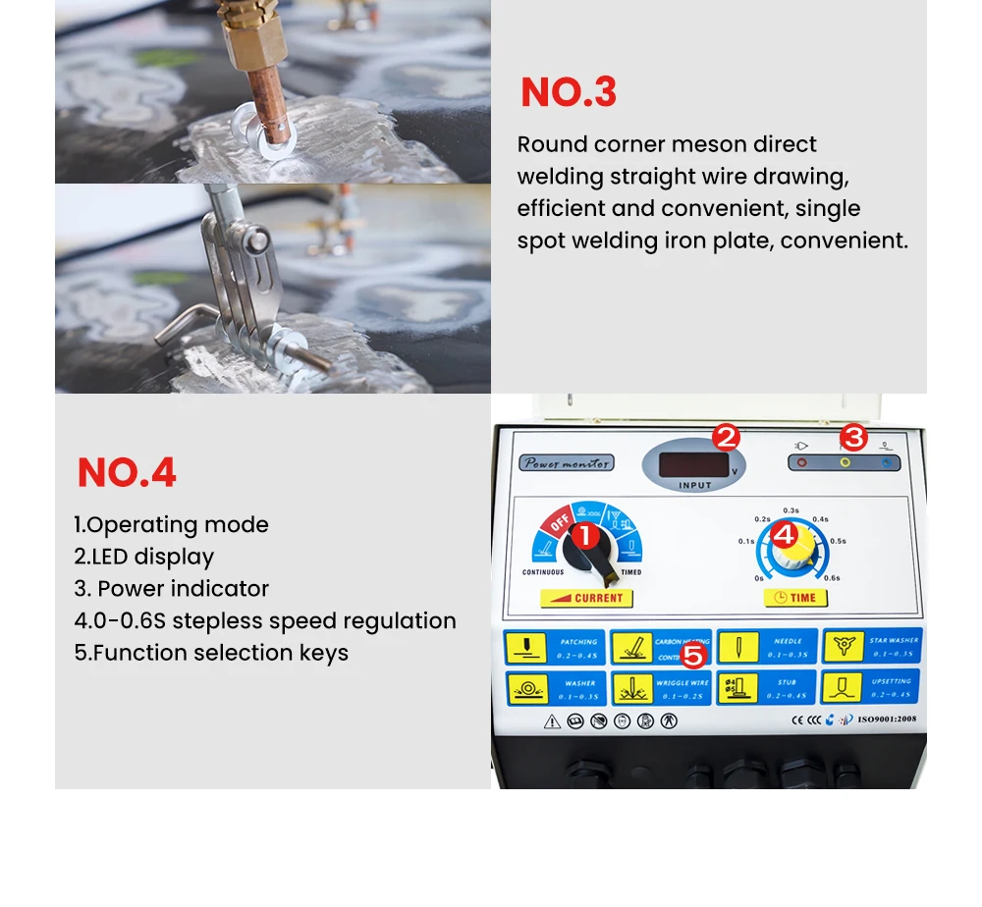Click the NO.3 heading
569,92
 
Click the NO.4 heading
127,473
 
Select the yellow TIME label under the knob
794,597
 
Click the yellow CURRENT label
586,597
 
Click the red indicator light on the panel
802,462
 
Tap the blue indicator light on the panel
887,462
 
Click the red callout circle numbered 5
694,655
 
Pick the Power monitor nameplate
567,462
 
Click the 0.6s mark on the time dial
832,578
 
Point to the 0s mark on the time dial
759,578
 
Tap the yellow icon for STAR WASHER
842,647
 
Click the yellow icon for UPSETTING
842,687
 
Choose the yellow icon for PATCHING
525,647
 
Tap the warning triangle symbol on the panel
553,721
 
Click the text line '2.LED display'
144,557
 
